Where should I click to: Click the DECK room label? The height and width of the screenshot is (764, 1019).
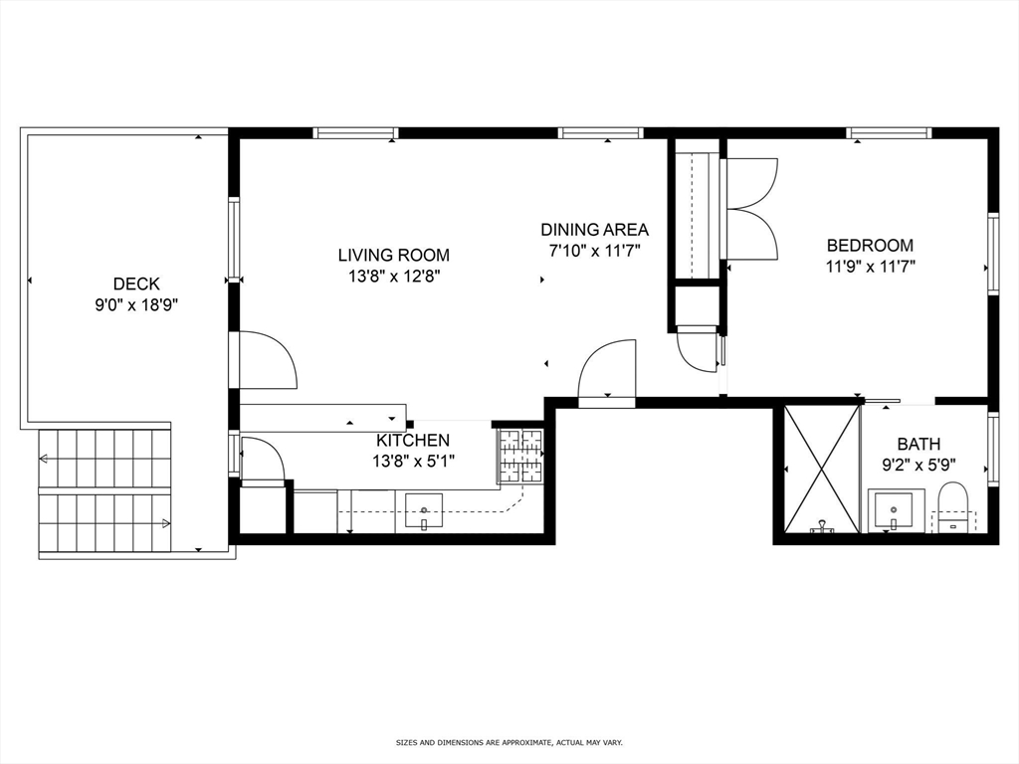pyautogui.click(x=135, y=284)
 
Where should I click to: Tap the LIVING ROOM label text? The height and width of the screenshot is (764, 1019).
pyautogui.click(x=393, y=255)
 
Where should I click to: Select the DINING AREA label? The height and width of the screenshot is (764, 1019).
pyautogui.click(x=594, y=229)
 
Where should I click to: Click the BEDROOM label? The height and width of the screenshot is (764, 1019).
pyautogui.click(x=870, y=245)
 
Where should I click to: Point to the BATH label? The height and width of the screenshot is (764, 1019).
pyautogui.click(x=917, y=444)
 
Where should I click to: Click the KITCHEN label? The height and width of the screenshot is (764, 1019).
pyautogui.click(x=412, y=440)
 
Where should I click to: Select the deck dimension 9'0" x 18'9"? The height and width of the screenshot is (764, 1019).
pyautogui.click(x=135, y=304)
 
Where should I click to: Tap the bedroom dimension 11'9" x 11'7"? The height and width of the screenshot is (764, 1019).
pyautogui.click(x=870, y=266)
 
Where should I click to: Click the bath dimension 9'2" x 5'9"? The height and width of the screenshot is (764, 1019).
pyautogui.click(x=917, y=464)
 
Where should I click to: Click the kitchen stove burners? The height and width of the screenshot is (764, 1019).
pyautogui.click(x=520, y=455)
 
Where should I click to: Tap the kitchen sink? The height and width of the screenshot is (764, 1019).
pyautogui.click(x=424, y=512)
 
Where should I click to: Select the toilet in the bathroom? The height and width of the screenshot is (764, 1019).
pyautogui.click(x=952, y=507)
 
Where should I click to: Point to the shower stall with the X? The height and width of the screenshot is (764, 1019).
pyautogui.click(x=821, y=469)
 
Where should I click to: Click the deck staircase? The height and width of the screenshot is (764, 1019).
pyautogui.click(x=104, y=491)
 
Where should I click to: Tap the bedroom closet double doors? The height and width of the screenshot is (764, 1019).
pyautogui.click(x=751, y=209)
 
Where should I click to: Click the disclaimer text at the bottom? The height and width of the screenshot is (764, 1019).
pyautogui.click(x=509, y=742)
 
